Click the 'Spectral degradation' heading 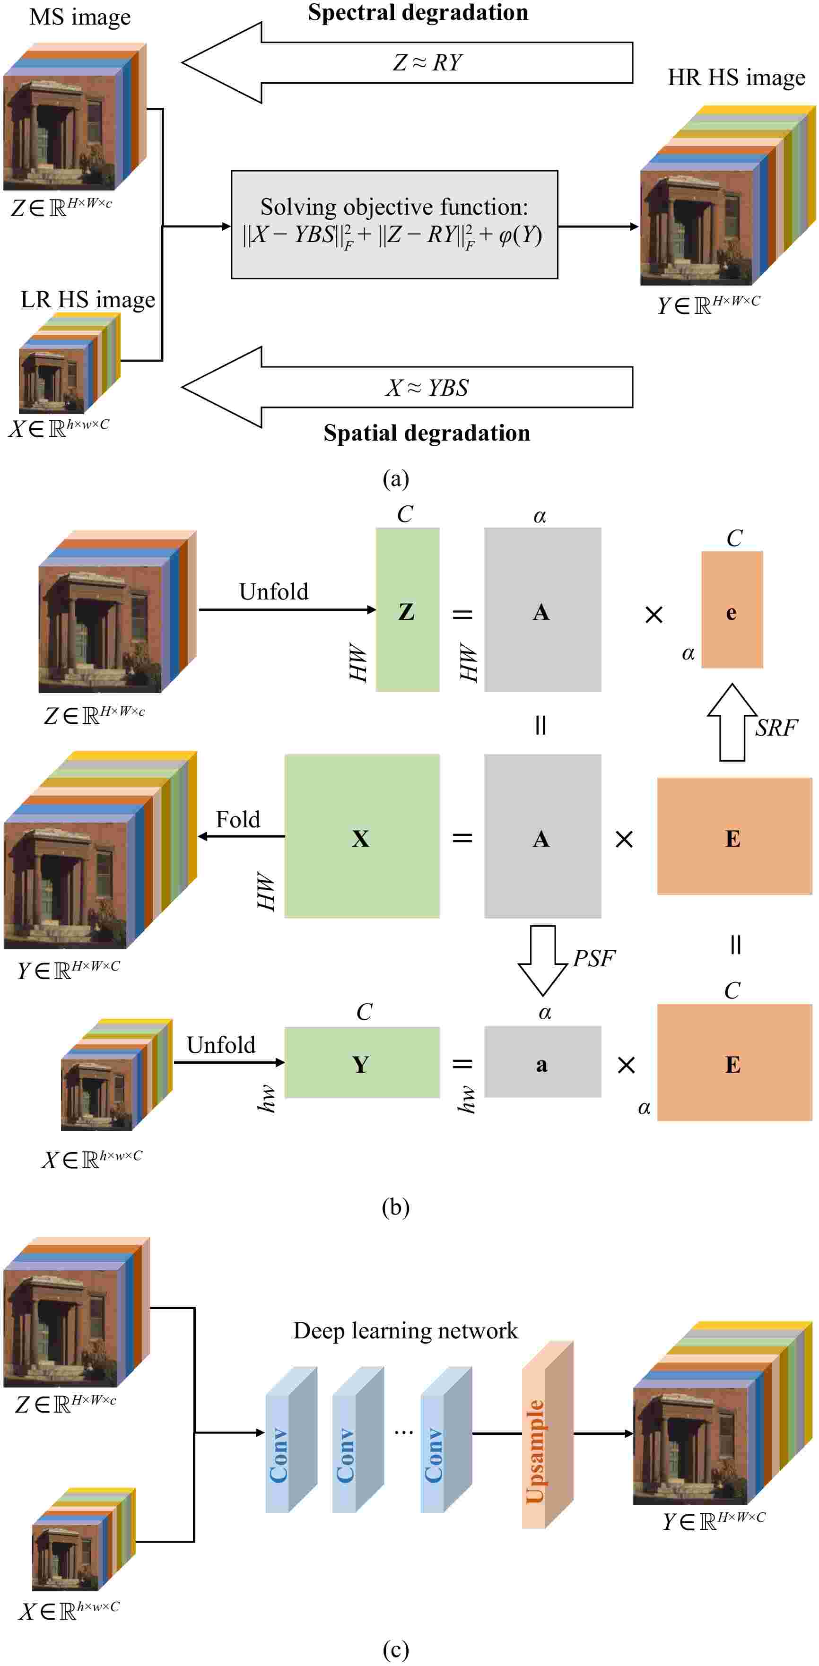pos(418,13)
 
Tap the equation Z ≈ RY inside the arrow pos(427,63)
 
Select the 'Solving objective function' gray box pos(394,225)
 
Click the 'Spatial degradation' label pos(427,433)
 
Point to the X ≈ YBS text pos(427,387)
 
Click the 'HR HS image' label pos(736,78)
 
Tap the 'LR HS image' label pos(87,299)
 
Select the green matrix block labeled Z pos(408,610)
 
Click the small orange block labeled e pos(732,609)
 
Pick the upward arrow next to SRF pos(732,722)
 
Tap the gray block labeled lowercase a pos(542,1061)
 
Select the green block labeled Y pos(362,1062)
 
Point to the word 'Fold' pos(237,819)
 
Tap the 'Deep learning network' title pos(406,1330)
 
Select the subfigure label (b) pos(395,1207)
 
